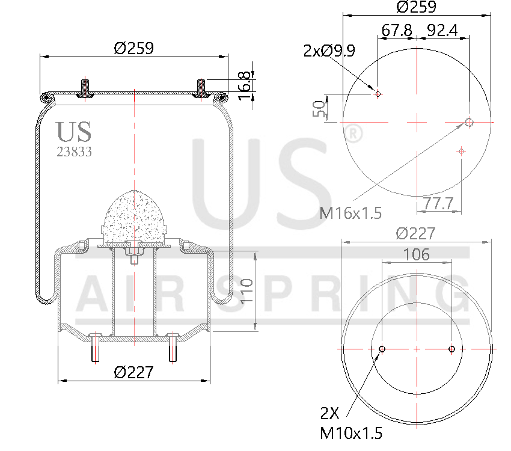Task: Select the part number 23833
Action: tap(74, 152)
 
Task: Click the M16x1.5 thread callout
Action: tap(351, 212)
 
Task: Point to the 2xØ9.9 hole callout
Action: tap(329, 51)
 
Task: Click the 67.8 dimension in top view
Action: tap(397, 29)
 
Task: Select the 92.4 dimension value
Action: tap(443, 29)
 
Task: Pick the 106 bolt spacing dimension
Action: tap(417, 254)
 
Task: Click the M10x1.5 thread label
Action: tap(351, 433)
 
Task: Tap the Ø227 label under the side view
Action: tap(133, 372)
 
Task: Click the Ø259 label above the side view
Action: tap(133, 48)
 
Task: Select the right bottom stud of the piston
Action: tap(173, 348)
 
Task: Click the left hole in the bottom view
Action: tap(382, 349)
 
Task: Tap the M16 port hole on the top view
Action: tap(469, 123)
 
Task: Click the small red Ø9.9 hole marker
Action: tap(378, 94)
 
